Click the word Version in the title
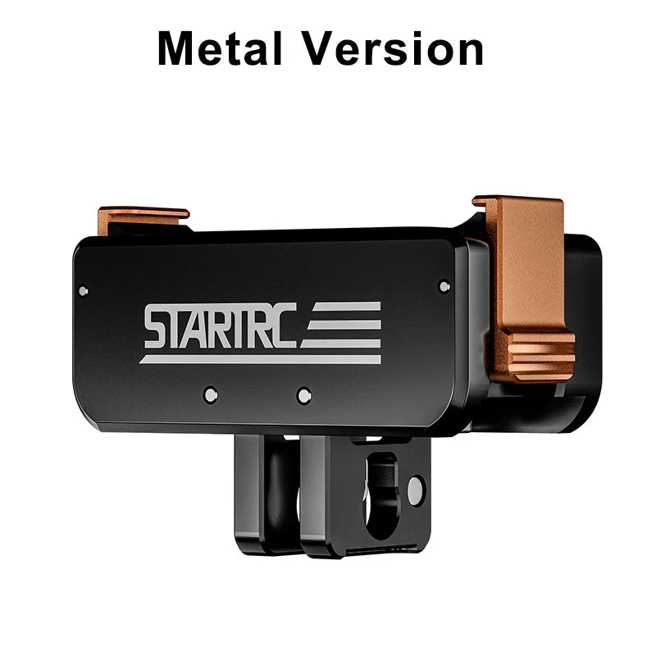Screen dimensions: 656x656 click(392, 49)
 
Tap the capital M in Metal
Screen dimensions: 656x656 click(177, 49)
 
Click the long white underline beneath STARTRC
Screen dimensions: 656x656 click(258, 358)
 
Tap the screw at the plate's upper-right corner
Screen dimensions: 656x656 click(444, 286)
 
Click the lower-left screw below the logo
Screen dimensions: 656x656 click(211, 393)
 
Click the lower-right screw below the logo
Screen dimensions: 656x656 click(303, 395)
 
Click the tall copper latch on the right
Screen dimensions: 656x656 click(525, 262)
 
